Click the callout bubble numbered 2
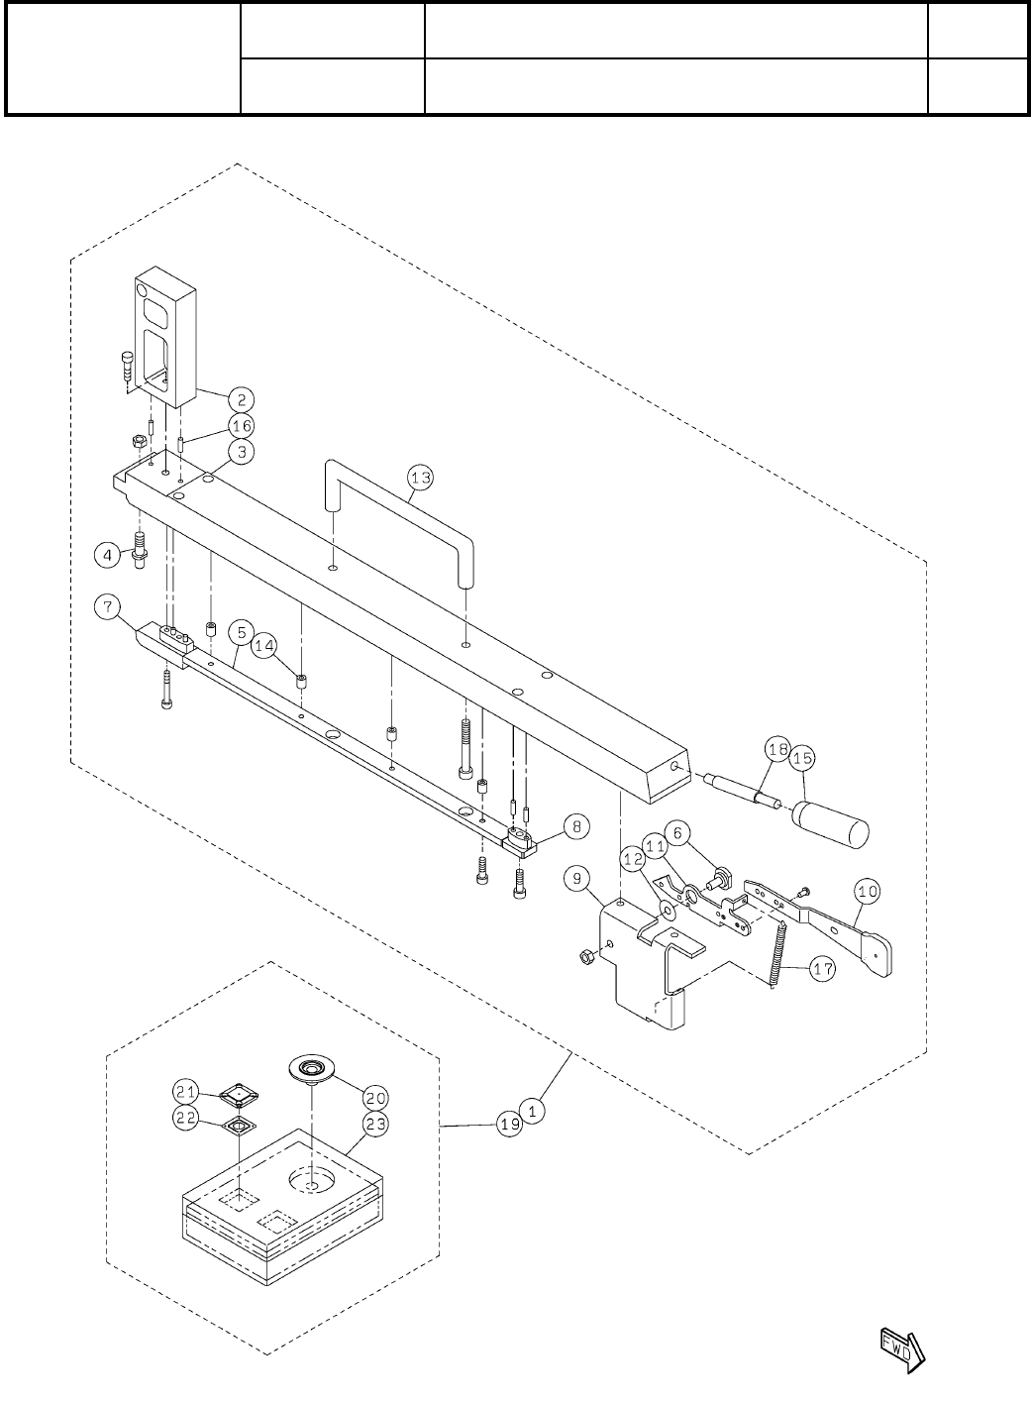(241, 400)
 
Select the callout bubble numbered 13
(422, 479)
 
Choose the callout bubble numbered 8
(550, 823)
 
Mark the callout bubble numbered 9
(577, 876)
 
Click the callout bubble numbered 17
(822, 970)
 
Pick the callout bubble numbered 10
(867, 892)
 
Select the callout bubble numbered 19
(510, 1126)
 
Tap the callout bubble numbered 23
(374, 1124)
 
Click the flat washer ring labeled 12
(667, 908)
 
